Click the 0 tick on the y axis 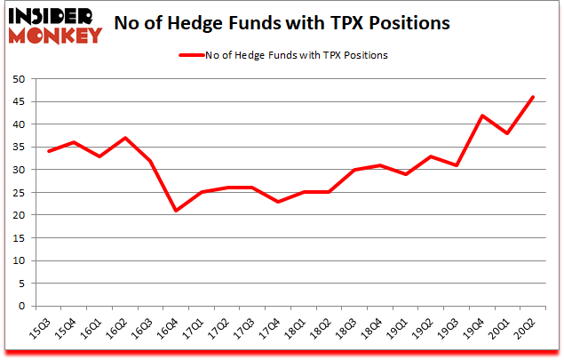[x=20, y=306]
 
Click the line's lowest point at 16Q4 [x=177, y=211]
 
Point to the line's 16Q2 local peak [x=125, y=138]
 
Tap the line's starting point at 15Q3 [x=49, y=151]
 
